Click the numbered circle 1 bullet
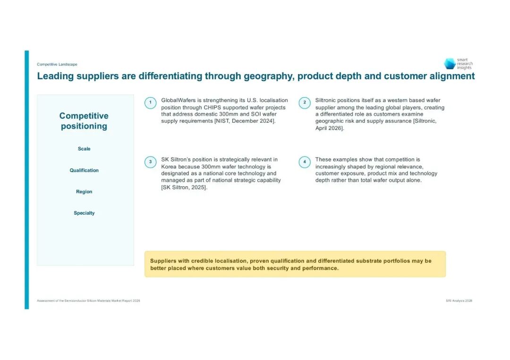(150, 103)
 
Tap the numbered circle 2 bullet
(305, 103)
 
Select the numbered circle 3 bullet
(150, 162)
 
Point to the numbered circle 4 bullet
(305, 162)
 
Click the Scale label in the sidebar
(84, 149)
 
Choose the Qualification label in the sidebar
(84, 170)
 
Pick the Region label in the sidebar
(84, 192)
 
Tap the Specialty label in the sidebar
(84, 213)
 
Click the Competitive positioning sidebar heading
(84, 121)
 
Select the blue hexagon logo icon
(450, 64)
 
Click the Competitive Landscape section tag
(57, 64)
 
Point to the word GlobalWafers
(178, 100)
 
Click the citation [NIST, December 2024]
(245, 121)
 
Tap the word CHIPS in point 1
(212, 108)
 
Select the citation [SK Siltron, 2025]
(184, 187)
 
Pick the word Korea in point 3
(169, 167)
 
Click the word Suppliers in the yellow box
(163, 261)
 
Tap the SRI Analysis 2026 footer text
(459, 301)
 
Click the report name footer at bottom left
(88, 301)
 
